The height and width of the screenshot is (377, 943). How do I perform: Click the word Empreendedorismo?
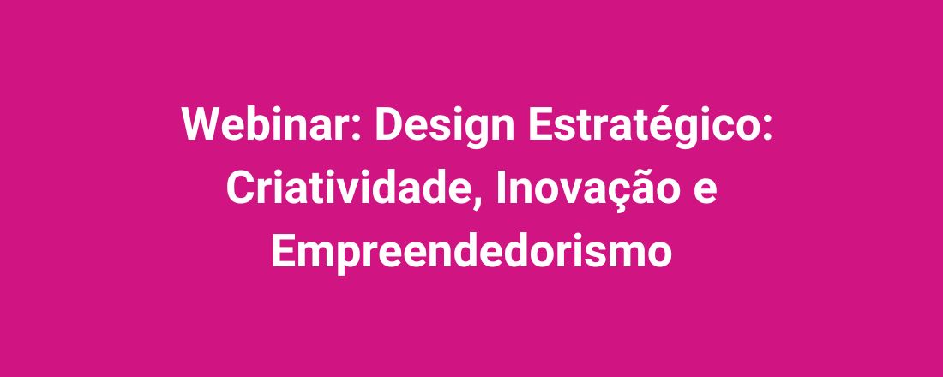tap(471, 251)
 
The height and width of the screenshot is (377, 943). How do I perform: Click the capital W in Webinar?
tap(201, 125)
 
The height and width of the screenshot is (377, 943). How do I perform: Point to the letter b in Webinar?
tap(261, 125)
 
